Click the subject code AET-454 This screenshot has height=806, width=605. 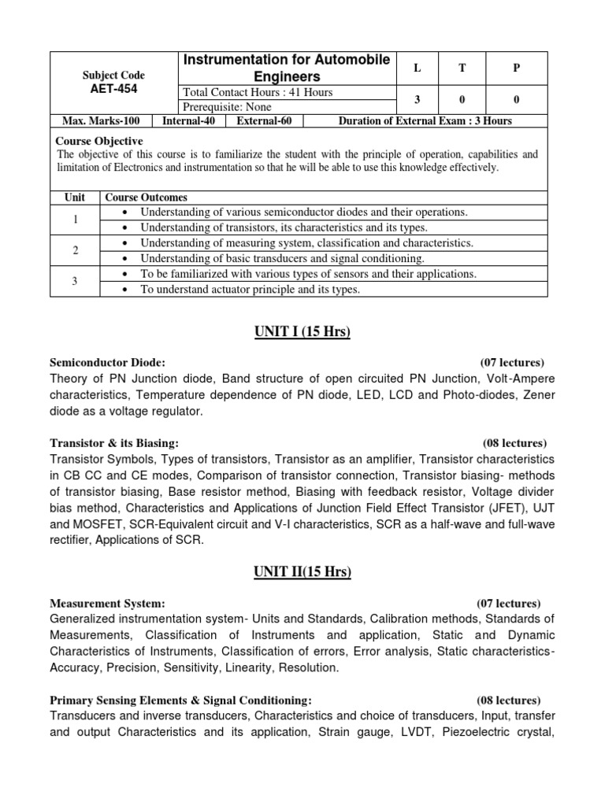coord(114,89)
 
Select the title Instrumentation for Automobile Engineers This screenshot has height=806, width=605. coord(287,68)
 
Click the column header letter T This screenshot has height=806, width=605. coord(462,68)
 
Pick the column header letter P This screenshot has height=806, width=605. coord(517,68)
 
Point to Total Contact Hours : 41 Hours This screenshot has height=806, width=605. coord(258,92)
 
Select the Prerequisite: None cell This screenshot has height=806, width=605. coord(227,107)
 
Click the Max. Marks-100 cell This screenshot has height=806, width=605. coord(100,121)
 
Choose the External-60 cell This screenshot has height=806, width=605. coord(264,121)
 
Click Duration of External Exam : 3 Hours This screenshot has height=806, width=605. coord(425,121)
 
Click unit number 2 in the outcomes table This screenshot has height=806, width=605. coord(76,250)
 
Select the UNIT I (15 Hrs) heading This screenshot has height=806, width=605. coord(302,331)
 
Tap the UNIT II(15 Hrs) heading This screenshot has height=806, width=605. coord(302,572)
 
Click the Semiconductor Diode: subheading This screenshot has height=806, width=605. coord(108,363)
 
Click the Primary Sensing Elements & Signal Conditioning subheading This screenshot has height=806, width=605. coord(180,700)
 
